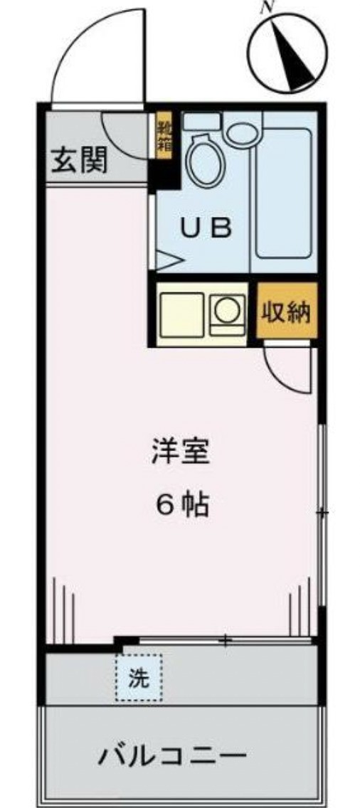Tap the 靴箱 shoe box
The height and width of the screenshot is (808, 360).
[x=164, y=137]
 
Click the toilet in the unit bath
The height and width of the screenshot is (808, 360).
[x=206, y=158]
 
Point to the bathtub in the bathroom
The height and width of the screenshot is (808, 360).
[x=282, y=192]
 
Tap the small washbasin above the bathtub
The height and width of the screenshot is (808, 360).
[x=243, y=132]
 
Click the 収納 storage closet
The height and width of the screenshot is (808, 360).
[x=287, y=312]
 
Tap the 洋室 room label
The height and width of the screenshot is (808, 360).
[x=181, y=452]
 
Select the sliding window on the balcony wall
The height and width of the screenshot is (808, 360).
[x=226, y=641]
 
